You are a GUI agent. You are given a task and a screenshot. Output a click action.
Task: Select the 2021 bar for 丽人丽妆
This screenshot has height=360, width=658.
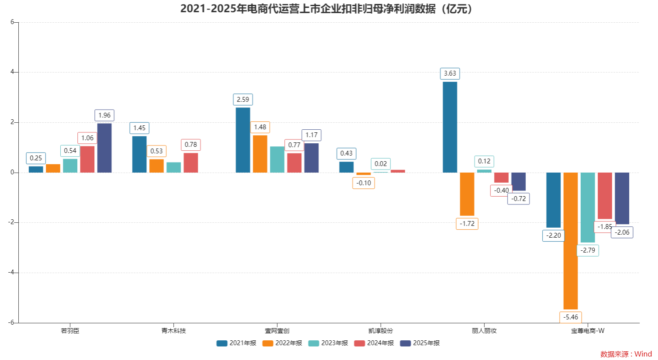click(x=450, y=127)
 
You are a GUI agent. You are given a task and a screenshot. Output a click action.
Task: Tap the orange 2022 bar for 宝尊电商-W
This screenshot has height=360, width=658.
click(x=570, y=240)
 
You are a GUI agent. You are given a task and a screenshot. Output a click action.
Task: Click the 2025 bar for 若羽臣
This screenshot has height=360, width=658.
click(x=104, y=148)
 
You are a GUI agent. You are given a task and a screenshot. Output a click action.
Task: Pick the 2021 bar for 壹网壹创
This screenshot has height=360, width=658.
click(x=243, y=140)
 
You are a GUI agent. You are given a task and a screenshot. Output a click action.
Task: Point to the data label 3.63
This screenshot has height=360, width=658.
click(x=450, y=73)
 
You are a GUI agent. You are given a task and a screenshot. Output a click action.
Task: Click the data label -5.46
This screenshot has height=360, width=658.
click(x=570, y=317)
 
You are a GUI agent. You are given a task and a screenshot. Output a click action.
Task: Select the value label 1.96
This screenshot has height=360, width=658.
click(x=104, y=115)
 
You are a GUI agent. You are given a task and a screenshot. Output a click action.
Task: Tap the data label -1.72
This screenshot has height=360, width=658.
click(x=467, y=224)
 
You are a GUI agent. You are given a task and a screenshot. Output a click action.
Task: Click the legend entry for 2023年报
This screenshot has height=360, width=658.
click(x=329, y=343)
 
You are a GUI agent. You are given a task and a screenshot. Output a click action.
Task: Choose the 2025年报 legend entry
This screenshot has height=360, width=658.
click(x=420, y=343)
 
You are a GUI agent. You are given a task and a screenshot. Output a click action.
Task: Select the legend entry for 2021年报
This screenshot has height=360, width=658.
click(x=237, y=343)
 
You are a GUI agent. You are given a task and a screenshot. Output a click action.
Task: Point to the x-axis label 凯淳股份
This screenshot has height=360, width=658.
click(x=380, y=331)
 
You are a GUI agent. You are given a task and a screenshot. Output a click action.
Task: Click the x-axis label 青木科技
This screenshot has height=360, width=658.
click(x=173, y=331)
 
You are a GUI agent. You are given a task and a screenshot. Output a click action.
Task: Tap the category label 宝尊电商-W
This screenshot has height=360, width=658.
click(x=587, y=331)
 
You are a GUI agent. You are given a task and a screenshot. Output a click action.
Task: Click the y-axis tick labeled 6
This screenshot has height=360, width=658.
click(x=12, y=22)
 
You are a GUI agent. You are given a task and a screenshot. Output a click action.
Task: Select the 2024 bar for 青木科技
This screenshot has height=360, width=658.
click(x=190, y=163)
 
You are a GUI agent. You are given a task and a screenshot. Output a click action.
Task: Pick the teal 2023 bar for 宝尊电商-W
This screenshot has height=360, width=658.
click(x=587, y=207)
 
